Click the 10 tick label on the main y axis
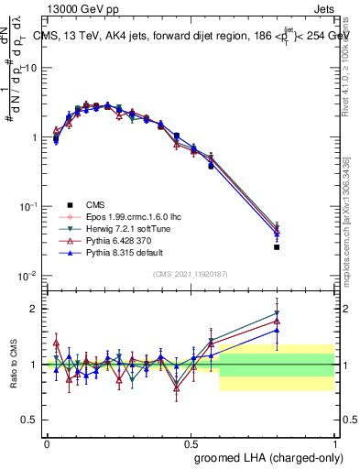tap(31, 69)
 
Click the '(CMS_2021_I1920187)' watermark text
tap(191, 274)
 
